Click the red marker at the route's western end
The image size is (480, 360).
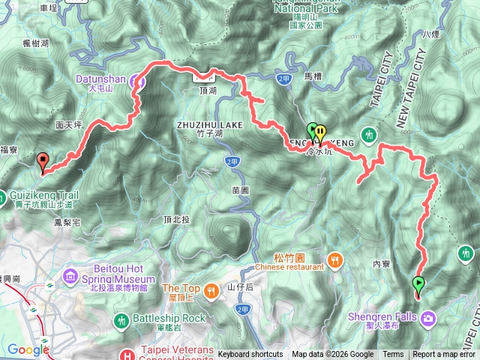point(43,160)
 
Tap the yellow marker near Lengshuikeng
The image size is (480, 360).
point(321,133)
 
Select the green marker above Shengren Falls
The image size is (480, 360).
point(418,284)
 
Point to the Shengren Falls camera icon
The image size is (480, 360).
point(428,318)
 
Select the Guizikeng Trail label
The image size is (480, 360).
point(40,193)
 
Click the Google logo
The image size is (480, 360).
point(28,349)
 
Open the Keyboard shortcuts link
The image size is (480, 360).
point(250,355)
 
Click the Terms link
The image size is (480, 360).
point(393,355)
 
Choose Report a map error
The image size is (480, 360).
point(445,355)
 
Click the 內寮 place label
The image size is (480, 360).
point(381,264)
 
